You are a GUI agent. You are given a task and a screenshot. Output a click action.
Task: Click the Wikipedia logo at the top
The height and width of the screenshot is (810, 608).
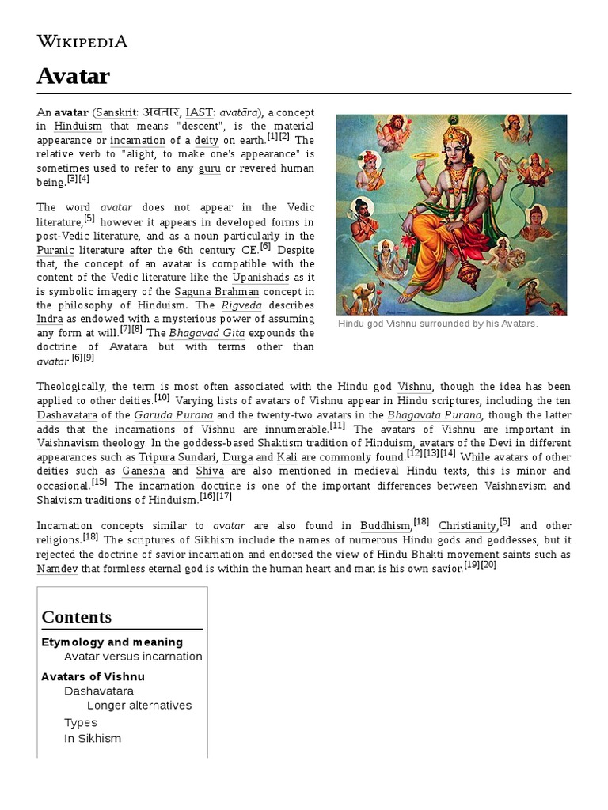(82, 41)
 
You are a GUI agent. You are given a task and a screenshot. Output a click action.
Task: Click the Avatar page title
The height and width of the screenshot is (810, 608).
(73, 77)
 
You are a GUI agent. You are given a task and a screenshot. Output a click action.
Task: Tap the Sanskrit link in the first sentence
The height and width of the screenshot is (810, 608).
(115, 112)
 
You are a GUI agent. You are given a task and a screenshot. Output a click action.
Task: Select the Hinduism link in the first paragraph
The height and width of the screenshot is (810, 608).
(78, 126)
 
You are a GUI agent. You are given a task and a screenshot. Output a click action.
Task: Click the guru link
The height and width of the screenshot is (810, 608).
(209, 168)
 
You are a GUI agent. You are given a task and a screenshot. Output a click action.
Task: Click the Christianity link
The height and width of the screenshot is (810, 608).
(466, 526)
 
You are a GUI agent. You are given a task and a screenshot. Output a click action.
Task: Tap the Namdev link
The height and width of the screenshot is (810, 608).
(57, 568)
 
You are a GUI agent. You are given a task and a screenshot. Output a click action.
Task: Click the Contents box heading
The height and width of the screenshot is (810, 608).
(76, 617)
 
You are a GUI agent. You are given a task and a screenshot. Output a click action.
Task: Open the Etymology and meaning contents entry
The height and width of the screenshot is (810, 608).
(112, 642)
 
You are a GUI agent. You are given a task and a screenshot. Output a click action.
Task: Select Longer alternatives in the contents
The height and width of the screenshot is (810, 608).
(139, 705)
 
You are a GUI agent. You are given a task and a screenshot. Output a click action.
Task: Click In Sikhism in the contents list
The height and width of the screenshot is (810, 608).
(92, 738)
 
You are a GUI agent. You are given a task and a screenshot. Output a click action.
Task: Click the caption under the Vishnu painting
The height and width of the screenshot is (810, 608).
(438, 324)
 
